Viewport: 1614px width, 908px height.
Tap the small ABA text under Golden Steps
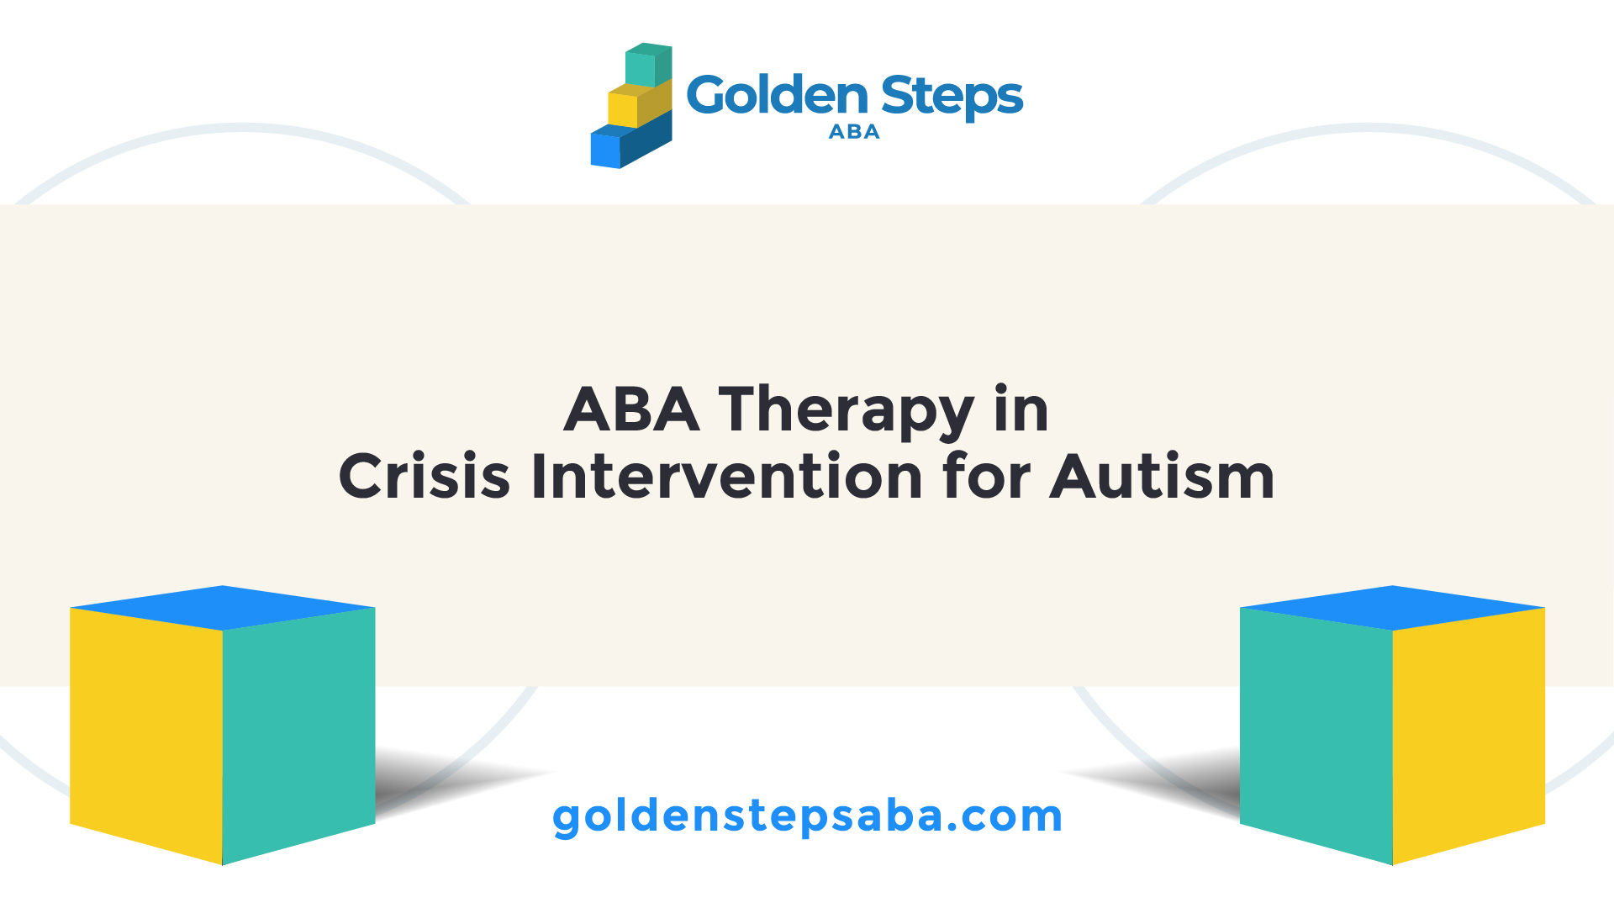(854, 132)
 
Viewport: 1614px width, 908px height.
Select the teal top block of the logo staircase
(648, 66)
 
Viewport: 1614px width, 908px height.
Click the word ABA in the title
(631, 409)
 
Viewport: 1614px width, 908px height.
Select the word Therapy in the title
(846, 414)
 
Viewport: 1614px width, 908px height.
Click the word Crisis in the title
(425, 476)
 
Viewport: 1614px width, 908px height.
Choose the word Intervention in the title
(727, 476)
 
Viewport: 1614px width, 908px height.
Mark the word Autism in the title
(1163, 476)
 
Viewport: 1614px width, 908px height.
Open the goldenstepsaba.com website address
(808, 816)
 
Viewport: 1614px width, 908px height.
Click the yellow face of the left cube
(146, 736)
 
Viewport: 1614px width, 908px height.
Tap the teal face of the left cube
(298, 736)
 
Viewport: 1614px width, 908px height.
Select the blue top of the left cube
(223, 608)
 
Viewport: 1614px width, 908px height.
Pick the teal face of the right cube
(1316, 736)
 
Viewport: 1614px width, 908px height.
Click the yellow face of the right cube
(1469, 736)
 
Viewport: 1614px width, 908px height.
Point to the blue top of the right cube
(1393, 608)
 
